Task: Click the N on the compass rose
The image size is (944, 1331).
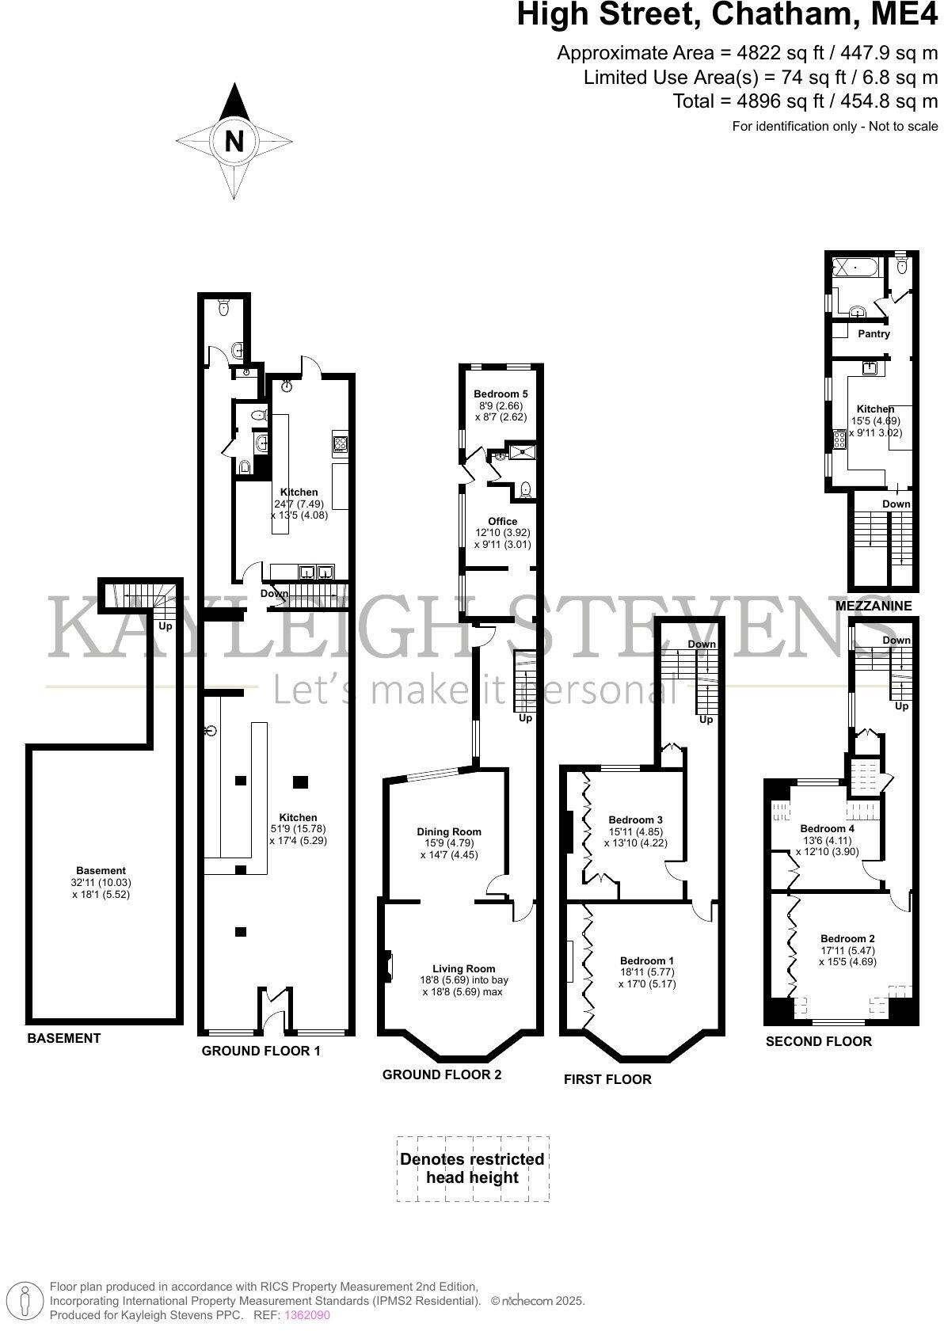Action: (234, 142)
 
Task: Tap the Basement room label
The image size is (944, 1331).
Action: (101, 871)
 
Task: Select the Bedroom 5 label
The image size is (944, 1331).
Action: (501, 394)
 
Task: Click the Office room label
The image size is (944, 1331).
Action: (502, 521)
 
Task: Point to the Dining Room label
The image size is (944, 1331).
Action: (449, 831)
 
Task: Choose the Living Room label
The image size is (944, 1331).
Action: (463, 968)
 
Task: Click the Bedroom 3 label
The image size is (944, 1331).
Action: (635, 820)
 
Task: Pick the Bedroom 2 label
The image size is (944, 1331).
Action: (847, 938)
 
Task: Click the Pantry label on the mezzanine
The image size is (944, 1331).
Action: (874, 334)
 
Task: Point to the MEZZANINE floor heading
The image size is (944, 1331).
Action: (874, 606)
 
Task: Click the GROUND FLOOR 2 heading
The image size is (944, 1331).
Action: (441, 1074)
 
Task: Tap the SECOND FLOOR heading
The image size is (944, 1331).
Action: (818, 1041)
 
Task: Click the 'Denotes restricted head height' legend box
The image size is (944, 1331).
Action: (472, 1169)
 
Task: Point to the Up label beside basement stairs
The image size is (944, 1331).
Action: (166, 626)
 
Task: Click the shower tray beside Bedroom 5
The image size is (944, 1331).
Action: (523, 452)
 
